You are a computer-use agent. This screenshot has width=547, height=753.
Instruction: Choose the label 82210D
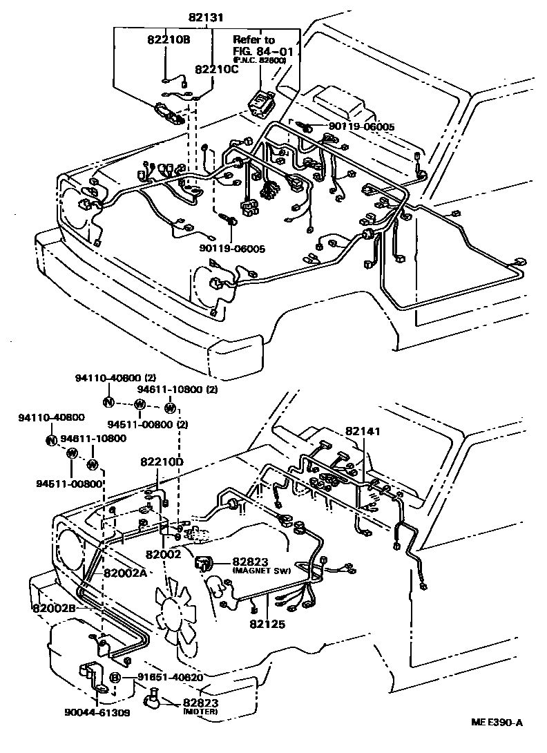point(162,461)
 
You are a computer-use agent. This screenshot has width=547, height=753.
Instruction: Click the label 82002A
point(126,573)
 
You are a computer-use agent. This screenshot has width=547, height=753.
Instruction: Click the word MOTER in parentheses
point(200,712)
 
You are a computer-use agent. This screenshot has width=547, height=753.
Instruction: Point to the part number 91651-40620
point(160,677)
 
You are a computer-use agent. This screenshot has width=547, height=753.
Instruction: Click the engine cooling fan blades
point(174,611)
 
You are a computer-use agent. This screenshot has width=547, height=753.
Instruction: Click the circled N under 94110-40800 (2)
point(108,402)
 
